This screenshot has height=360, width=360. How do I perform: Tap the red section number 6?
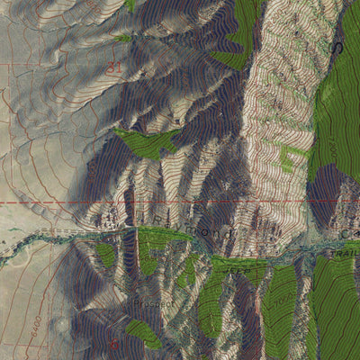click(x=114, y=343)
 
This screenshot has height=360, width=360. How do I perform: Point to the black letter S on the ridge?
click(x=339, y=47)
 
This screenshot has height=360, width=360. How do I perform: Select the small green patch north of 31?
click(x=123, y=38)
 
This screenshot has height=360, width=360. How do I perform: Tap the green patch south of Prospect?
click(x=144, y=332)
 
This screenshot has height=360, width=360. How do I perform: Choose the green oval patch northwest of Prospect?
click(x=106, y=256)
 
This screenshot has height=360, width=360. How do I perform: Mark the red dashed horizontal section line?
click(x=54, y=202)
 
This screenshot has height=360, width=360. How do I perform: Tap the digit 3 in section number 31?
click(x=111, y=67)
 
